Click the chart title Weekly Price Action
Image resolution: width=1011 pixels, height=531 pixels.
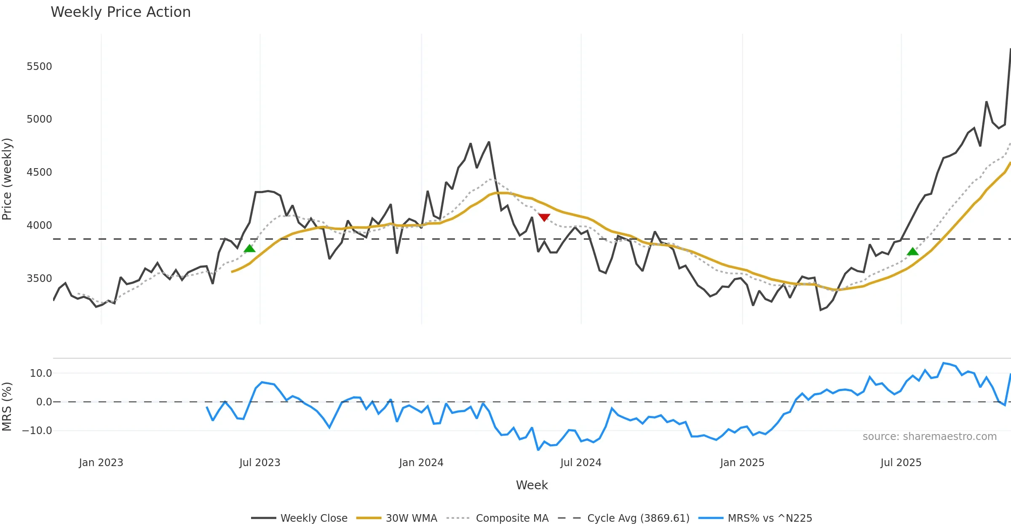click(x=120, y=12)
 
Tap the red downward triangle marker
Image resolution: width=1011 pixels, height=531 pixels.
click(x=544, y=217)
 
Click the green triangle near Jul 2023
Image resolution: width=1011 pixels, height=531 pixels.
click(x=249, y=248)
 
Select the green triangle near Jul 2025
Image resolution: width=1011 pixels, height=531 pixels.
click(x=912, y=252)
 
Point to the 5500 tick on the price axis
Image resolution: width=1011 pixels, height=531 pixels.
click(x=39, y=67)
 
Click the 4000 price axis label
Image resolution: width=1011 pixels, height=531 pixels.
click(x=39, y=225)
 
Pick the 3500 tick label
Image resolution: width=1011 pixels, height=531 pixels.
click(x=39, y=279)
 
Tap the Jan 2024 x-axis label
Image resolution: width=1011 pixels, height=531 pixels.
click(x=421, y=463)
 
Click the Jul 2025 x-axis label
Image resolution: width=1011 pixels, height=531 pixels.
click(x=901, y=463)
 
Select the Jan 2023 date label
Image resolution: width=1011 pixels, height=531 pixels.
click(x=101, y=463)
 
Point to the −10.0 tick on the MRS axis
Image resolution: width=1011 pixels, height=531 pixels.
click(x=37, y=431)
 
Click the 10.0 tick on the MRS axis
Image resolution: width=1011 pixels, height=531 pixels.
click(x=40, y=373)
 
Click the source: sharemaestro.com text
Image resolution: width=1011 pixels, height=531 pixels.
click(x=929, y=437)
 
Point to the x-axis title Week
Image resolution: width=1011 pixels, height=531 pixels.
click(x=532, y=485)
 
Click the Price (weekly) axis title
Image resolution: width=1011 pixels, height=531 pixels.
click(x=7, y=179)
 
